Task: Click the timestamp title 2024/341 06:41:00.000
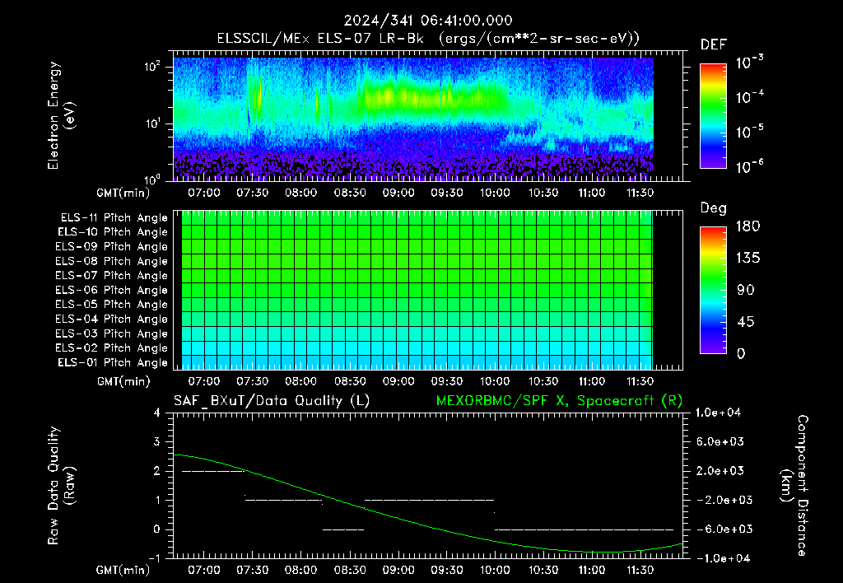pyautogui.click(x=428, y=21)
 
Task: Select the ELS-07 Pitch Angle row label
pyautogui.click(x=111, y=275)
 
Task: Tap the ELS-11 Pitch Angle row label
pyautogui.click(x=114, y=218)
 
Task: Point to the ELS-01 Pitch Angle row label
pyautogui.click(x=112, y=362)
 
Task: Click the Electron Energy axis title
pyautogui.click(x=61, y=115)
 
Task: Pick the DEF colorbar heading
pyautogui.click(x=714, y=44)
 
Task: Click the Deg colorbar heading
pyautogui.click(x=714, y=208)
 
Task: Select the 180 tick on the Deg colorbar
pyautogui.click(x=748, y=226)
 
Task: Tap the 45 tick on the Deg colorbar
pyautogui.click(x=745, y=322)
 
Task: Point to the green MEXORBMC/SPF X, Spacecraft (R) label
pyautogui.click(x=559, y=401)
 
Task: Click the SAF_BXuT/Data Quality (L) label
pyautogui.click(x=272, y=401)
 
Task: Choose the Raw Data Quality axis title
pyautogui.click(x=61, y=486)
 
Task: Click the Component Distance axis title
pyautogui.click(x=794, y=486)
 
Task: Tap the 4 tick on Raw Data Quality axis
pyautogui.click(x=157, y=413)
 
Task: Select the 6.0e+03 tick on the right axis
pyautogui.click(x=720, y=441)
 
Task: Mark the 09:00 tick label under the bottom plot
pyautogui.click(x=398, y=570)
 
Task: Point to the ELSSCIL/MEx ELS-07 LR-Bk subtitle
pyautogui.click(x=320, y=39)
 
